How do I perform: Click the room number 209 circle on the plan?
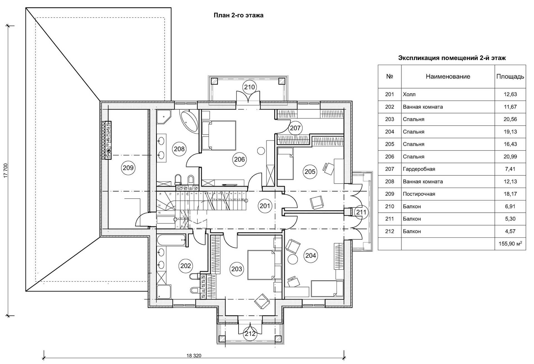[128, 168]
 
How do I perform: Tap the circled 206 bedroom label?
[239, 159]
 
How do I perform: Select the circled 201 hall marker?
[265, 206]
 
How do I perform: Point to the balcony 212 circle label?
[250, 334]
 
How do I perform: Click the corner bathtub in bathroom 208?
[189, 121]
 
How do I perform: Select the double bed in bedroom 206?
[219, 135]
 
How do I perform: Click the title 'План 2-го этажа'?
[238, 15]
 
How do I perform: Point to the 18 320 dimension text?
[194, 355]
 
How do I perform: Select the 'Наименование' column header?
[448, 77]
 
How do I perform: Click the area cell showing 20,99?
[510, 157]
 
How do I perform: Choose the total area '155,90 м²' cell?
[510, 244]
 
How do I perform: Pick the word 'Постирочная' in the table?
[419, 194]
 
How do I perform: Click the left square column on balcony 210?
[214, 81]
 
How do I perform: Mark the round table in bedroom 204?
[292, 259]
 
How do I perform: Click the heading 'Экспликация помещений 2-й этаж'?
[452, 58]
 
